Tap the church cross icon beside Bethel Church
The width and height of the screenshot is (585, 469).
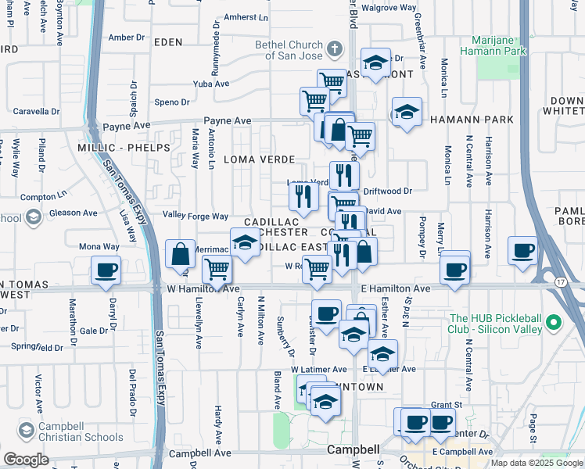(334, 49)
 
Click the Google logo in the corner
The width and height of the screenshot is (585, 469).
(26, 459)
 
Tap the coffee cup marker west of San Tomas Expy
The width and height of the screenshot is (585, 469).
(105, 270)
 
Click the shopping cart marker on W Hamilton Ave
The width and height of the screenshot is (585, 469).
(217, 269)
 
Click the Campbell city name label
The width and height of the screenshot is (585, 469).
(353, 450)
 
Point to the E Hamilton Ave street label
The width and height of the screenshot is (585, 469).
(396, 289)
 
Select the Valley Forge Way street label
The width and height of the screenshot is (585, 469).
(195, 216)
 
